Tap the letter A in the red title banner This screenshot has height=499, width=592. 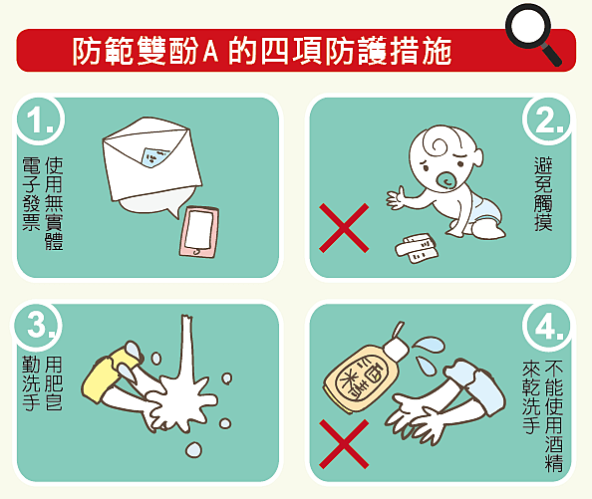coord(210,51)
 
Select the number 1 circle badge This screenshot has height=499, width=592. coord(40,120)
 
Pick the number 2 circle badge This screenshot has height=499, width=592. coord(548,120)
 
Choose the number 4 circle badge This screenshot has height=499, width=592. coord(547,326)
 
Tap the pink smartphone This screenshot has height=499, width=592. coord(199,232)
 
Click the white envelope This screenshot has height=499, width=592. coord(151,158)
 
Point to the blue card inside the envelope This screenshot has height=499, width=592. coord(154,156)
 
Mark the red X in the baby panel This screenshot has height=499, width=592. coord(344,228)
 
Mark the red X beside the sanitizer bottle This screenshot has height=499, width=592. coord(344,444)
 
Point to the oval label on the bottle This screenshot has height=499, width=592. coord(361,380)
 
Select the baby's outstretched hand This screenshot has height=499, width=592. coord(398,197)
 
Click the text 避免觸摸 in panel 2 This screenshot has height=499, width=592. coord(543,194)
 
